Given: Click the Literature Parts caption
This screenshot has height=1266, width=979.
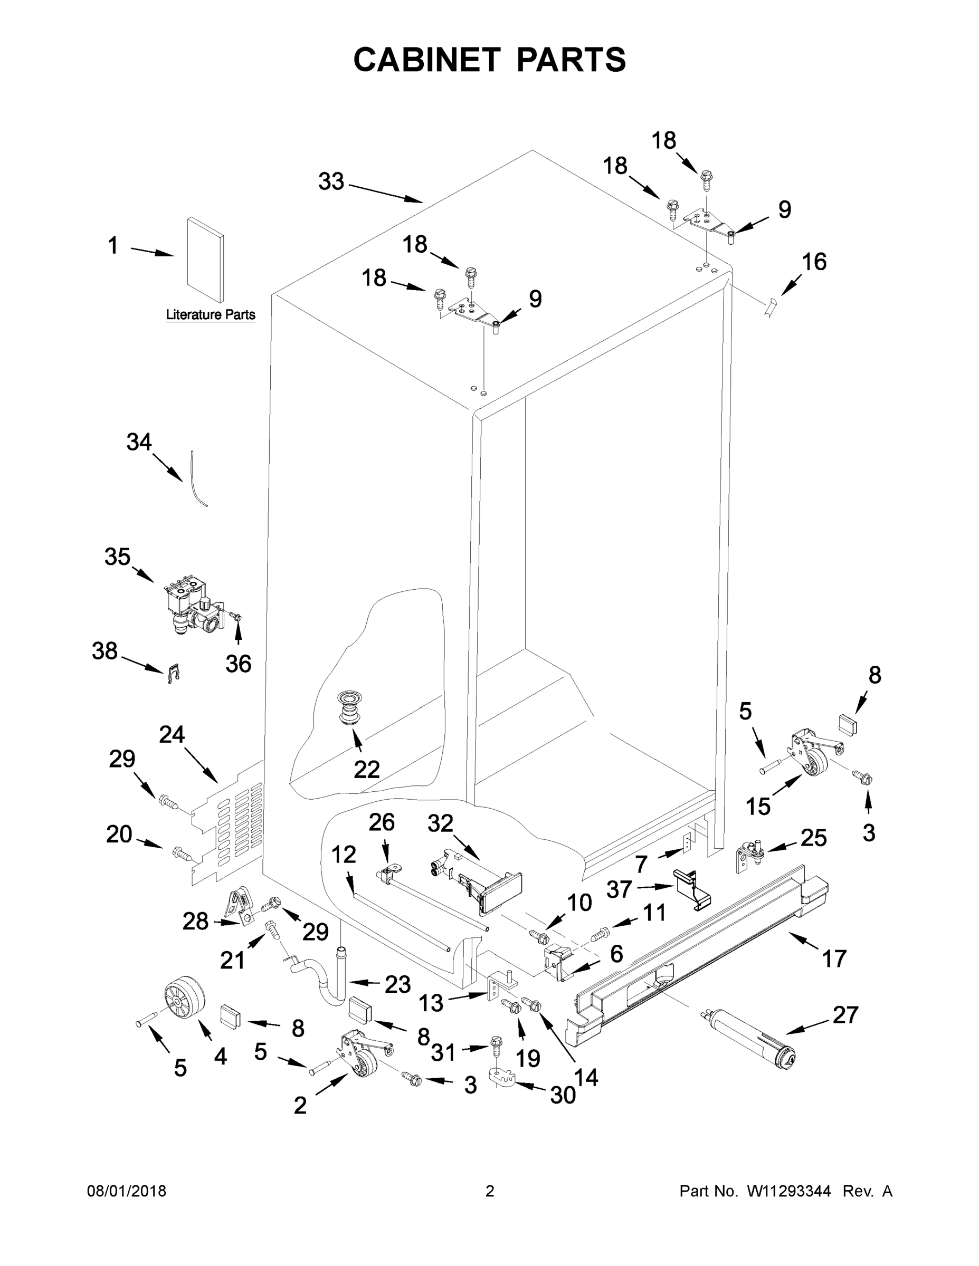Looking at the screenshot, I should pyautogui.click(x=211, y=315).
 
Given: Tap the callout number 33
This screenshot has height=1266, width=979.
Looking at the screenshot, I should pyautogui.click(x=331, y=182).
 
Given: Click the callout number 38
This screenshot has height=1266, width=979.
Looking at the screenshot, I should pyautogui.click(x=104, y=651).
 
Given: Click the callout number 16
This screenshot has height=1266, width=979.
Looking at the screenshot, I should pyautogui.click(x=814, y=262).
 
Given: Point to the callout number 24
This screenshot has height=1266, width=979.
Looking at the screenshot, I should pyautogui.click(x=172, y=734).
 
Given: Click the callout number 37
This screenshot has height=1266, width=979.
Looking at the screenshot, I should pyautogui.click(x=619, y=889).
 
